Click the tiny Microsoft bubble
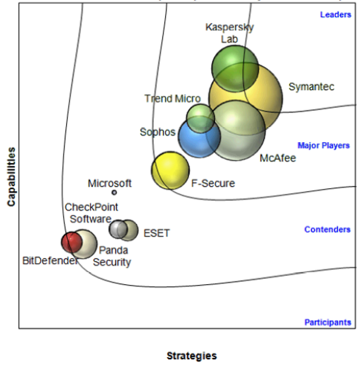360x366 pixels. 114,192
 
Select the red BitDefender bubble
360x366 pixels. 71,243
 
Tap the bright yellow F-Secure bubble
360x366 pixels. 170,170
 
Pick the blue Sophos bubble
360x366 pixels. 199,138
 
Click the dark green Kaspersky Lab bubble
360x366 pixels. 235,68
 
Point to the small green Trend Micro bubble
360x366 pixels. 200,118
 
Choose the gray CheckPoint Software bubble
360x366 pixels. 118,229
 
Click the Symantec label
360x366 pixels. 312,87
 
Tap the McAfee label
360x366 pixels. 277,158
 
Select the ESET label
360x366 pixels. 157,233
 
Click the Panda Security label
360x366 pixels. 112,256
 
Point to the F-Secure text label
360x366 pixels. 213,184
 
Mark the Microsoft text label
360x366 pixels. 109,184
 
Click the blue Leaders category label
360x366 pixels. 335,15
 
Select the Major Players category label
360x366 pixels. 324,145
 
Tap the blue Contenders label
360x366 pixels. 327,229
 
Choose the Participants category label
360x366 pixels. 328,322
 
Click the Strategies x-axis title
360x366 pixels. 192,356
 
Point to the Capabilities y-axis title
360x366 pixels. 11,177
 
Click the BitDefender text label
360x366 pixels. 50,260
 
